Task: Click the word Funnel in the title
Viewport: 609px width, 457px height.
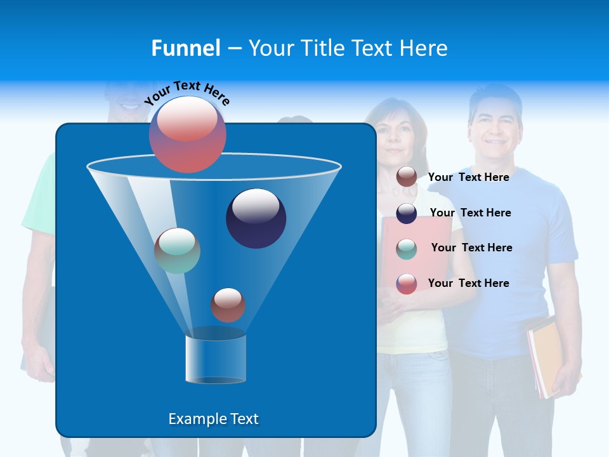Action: [x=185, y=48]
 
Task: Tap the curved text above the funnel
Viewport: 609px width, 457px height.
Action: [x=187, y=92]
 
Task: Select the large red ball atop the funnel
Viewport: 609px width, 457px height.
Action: [x=188, y=135]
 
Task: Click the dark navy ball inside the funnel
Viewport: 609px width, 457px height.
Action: [x=256, y=218]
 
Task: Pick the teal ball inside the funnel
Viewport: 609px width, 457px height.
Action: [x=177, y=250]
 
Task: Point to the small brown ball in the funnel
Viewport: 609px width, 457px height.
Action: [x=228, y=305]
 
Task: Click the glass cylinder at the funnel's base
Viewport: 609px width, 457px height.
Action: [x=216, y=359]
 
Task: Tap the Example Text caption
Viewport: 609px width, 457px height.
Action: [x=213, y=419]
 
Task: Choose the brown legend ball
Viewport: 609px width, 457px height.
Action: [x=407, y=177]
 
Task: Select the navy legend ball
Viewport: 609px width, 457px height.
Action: [x=407, y=213]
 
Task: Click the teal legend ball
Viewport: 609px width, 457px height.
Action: [x=407, y=249]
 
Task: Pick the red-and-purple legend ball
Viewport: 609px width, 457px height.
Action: [x=407, y=284]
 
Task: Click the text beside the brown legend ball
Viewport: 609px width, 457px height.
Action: [x=468, y=177]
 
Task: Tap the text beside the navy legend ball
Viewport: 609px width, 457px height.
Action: [x=470, y=213]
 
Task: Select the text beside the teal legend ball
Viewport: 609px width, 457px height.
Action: [x=471, y=248]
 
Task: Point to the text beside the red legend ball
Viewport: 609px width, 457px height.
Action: [x=468, y=283]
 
